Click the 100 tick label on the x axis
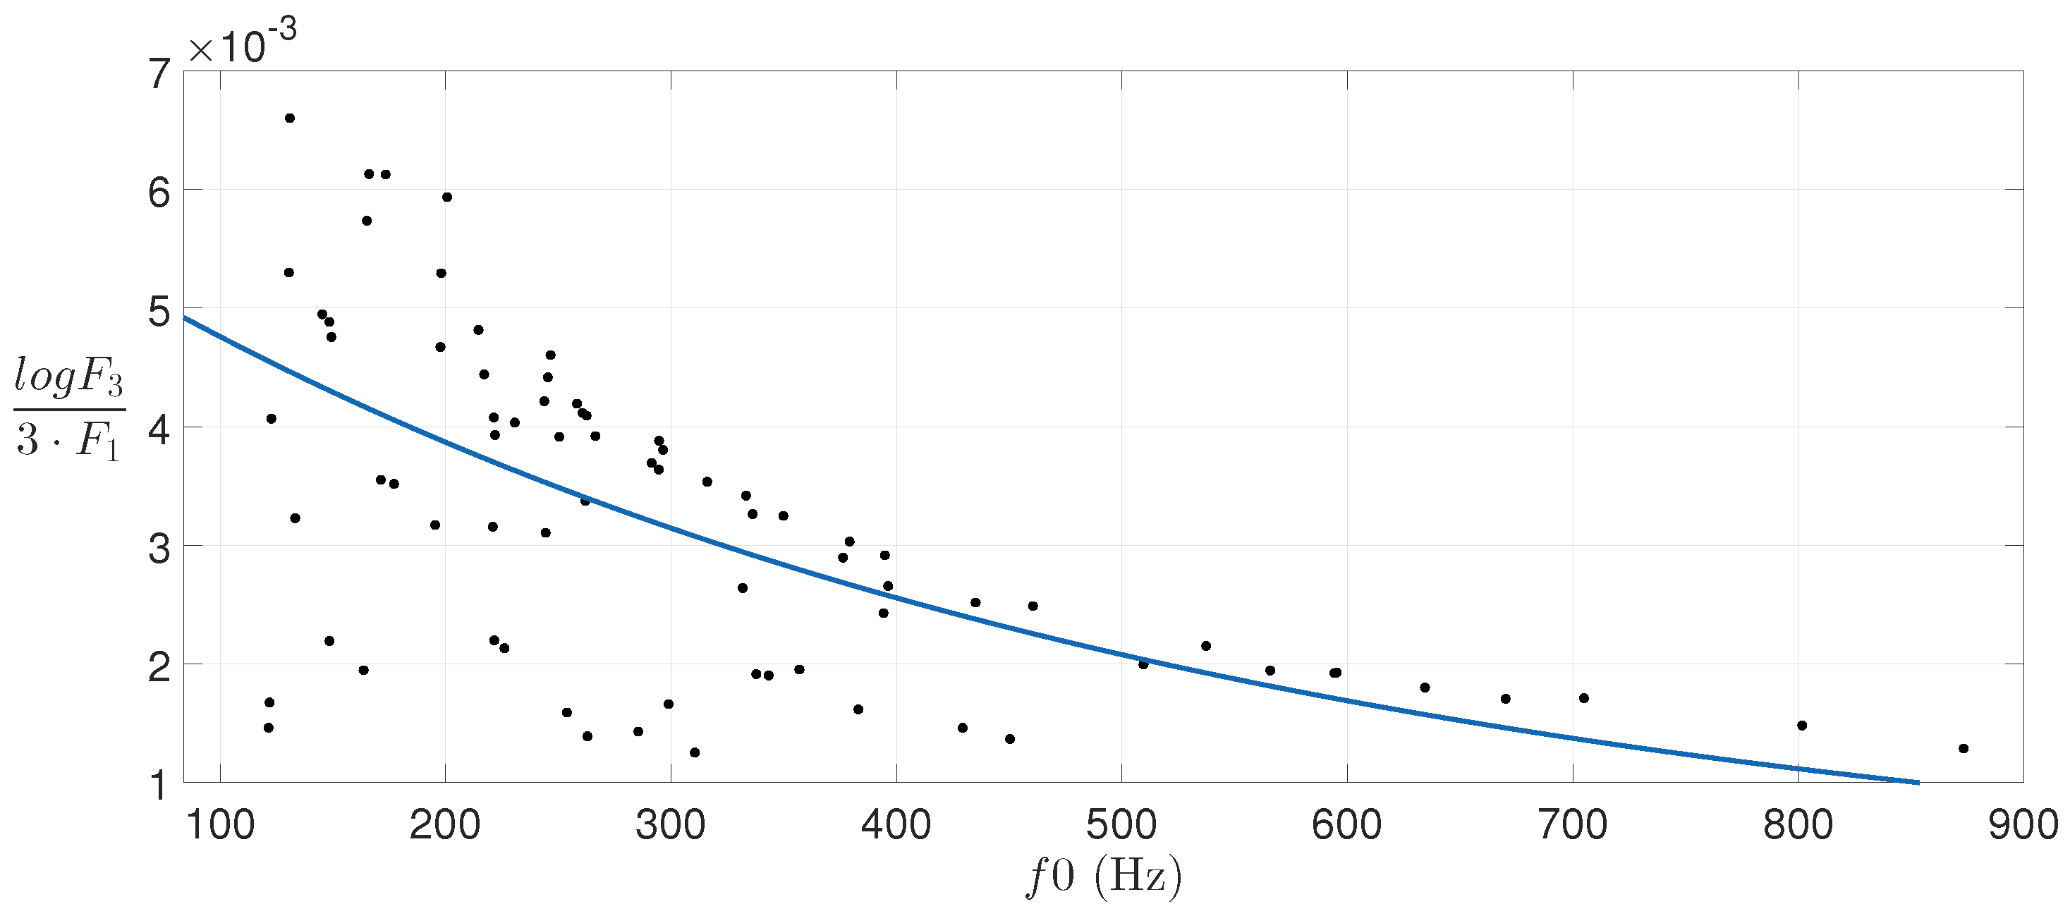(219, 825)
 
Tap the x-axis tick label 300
(670, 825)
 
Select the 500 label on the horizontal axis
(1121, 825)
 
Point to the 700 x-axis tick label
(1572, 825)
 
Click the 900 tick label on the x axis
(2023, 825)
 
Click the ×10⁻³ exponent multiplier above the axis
(242, 45)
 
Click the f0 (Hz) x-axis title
(1104, 877)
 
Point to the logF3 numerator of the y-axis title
(68, 378)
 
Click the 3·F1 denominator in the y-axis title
(68, 440)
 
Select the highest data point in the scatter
(290, 118)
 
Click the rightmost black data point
(1963, 748)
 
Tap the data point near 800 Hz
(1801, 726)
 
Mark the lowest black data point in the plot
(694, 752)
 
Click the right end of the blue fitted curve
(1918, 782)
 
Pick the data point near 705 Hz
(1584, 697)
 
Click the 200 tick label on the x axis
(444, 825)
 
